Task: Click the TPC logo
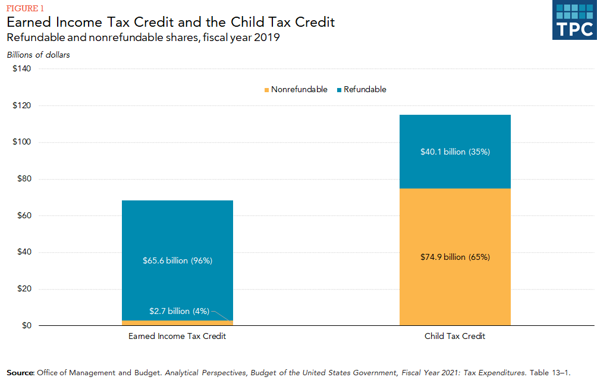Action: click(x=574, y=21)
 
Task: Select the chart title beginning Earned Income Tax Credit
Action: click(x=171, y=22)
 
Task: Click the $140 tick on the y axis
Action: click(x=22, y=69)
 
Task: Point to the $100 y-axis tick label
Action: click(x=22, y=143)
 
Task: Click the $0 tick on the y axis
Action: click(x=26, y=326)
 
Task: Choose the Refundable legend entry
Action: click(x=361, y=90)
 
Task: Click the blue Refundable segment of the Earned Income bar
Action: click(x=177, y=232)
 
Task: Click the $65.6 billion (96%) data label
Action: click(x=177, y=260)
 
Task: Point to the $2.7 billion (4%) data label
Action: click(x=178, y=311)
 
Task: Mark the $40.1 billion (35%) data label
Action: click(x=455, y=152)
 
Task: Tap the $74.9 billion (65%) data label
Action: click(x=455, y=257)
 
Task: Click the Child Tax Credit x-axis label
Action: click(x=455, y=337)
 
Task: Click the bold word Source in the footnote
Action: click(x=20, y=373)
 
